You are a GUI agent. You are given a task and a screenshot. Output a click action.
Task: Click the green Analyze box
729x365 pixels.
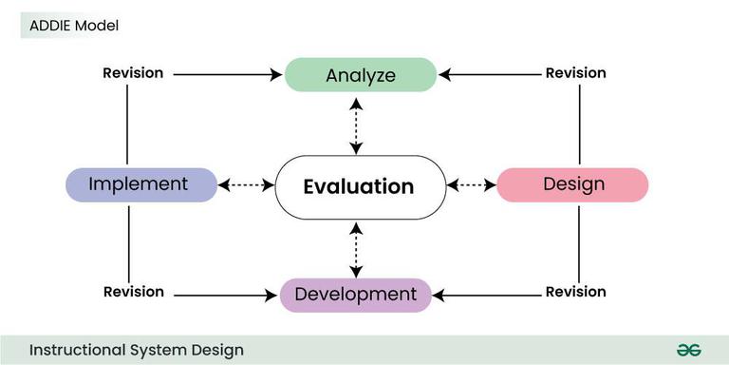361,74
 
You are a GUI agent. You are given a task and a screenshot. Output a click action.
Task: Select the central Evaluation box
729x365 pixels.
359,186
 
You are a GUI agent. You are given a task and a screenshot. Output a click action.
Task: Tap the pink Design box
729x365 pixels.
572,184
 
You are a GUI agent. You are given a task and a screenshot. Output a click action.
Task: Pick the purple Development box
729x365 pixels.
356,295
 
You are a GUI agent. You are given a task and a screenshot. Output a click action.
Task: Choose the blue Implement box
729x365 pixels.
140,184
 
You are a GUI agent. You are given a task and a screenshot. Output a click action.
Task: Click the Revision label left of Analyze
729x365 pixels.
133,73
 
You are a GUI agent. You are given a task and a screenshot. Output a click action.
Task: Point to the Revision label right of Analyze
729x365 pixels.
575,73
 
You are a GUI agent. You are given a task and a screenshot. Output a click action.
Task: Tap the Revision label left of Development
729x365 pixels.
133,292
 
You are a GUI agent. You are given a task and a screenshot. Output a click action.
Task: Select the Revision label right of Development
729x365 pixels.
575,292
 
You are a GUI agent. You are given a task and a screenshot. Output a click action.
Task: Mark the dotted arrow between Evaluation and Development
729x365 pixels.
357,249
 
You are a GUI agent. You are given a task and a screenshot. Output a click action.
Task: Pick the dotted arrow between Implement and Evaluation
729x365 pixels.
246,184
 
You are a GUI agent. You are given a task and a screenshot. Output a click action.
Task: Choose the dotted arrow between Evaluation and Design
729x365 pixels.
471,184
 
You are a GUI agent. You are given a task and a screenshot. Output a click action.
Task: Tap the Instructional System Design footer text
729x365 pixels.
136,350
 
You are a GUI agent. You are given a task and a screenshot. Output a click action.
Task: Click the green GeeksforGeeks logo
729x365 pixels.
688,350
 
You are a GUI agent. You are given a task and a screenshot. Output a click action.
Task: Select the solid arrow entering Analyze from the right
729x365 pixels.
489,74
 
